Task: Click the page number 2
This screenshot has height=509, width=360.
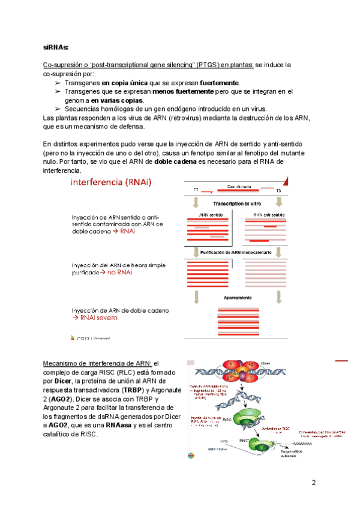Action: pyautogui.click(x=314, y=483)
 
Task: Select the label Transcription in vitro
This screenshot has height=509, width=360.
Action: pyautogui.click(x=236, y=204)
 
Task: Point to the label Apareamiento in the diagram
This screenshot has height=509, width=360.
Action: pyautogui.click(x=238, y=298)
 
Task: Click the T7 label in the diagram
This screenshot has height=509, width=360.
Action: pyautogui.click(x=196, y=190)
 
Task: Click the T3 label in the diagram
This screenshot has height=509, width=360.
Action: pyautogui.click(x=278, y=190)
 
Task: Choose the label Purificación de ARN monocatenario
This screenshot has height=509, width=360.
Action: pyautogui.click(x=236, y=253)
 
